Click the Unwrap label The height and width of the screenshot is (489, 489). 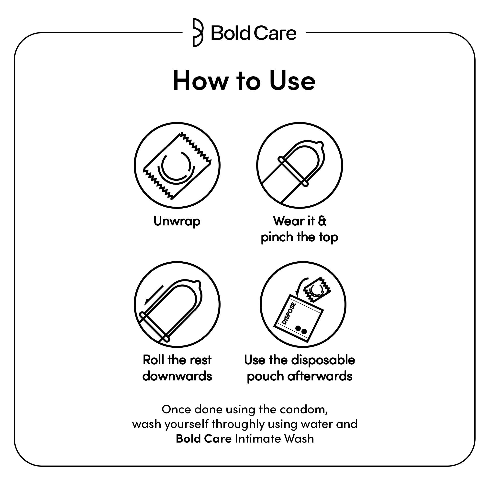(x=177, y=221)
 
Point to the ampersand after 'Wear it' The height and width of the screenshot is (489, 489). (x=322, y=221)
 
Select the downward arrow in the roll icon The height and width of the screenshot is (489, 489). (x=153, y=295)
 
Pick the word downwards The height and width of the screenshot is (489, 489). (x=177, y=376)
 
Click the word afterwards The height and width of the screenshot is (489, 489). (x=320, y=376)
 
